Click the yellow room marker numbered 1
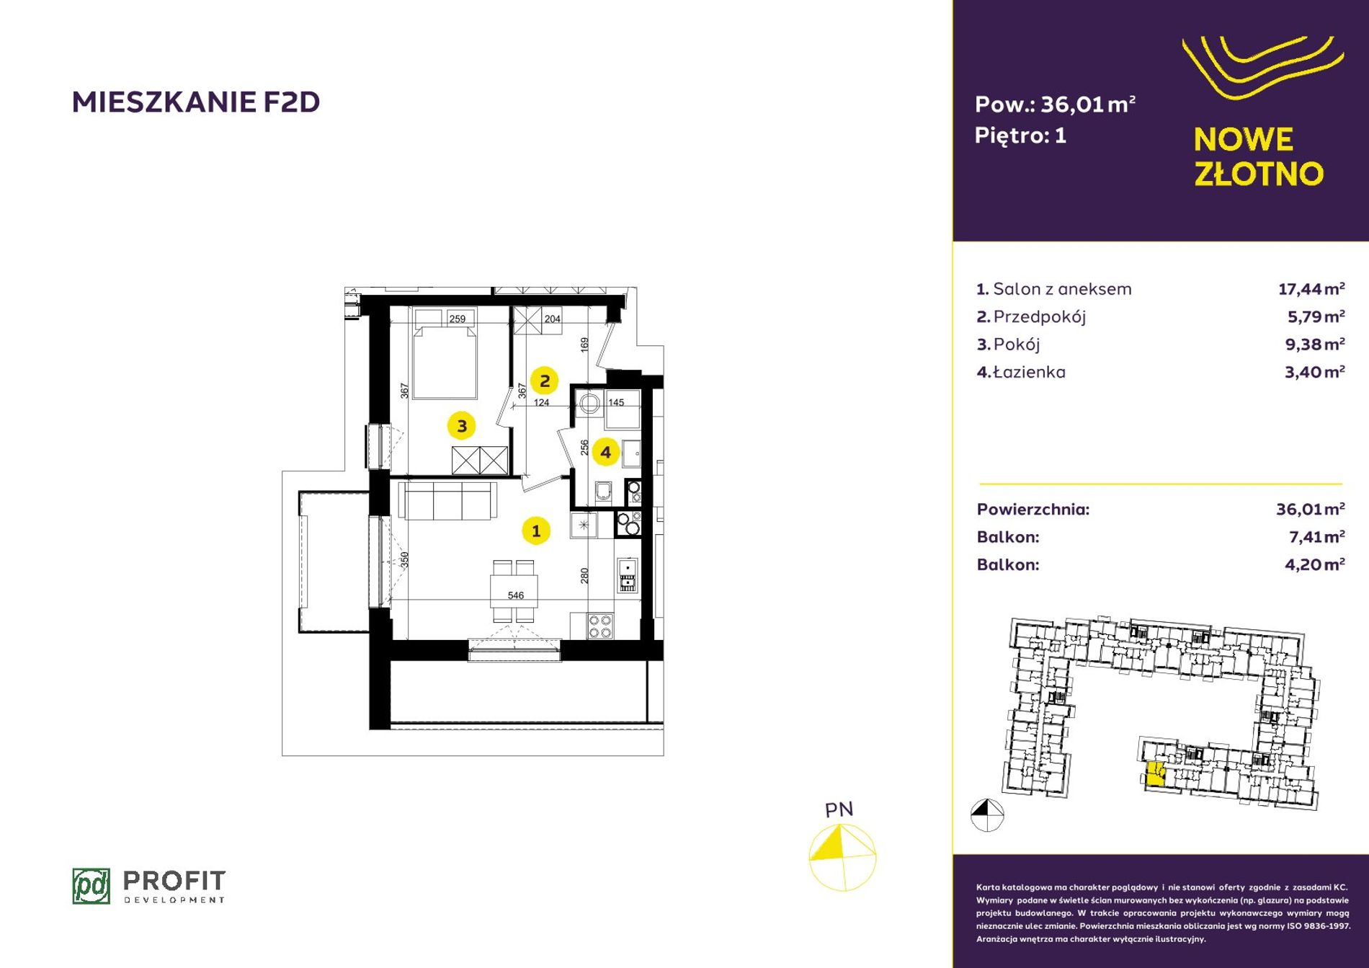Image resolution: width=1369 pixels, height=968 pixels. pos(535,531)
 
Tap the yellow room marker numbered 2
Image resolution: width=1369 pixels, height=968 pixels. pos(545,381)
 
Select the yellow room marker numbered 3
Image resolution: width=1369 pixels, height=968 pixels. pos(462,426)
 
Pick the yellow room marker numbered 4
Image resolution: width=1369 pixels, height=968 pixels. pos(605,453)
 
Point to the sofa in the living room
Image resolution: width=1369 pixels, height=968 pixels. pos(447,500)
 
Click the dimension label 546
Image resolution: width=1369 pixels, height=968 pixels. pos(516,595)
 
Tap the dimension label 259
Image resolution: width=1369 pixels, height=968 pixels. pos(458,319)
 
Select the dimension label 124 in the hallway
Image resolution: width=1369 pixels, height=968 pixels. pos(541,402)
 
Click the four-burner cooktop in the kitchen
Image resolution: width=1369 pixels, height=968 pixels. pos(600,626)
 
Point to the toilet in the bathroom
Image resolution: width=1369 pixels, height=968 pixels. pos(603,492)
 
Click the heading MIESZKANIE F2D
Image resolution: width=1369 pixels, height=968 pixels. pos(196,102)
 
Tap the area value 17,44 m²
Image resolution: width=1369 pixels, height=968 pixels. pos(1311,289)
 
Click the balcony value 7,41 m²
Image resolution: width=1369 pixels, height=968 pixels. pos(1316,537)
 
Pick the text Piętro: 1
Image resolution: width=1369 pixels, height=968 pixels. pos(1020,136)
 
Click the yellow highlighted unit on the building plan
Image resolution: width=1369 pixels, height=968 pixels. pos(1155,773)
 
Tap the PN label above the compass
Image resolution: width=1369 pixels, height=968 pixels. pos(839,810)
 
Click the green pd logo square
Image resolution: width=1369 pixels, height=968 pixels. pos(92,886)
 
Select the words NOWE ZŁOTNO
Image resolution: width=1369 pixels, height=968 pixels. pos(1259,156)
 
